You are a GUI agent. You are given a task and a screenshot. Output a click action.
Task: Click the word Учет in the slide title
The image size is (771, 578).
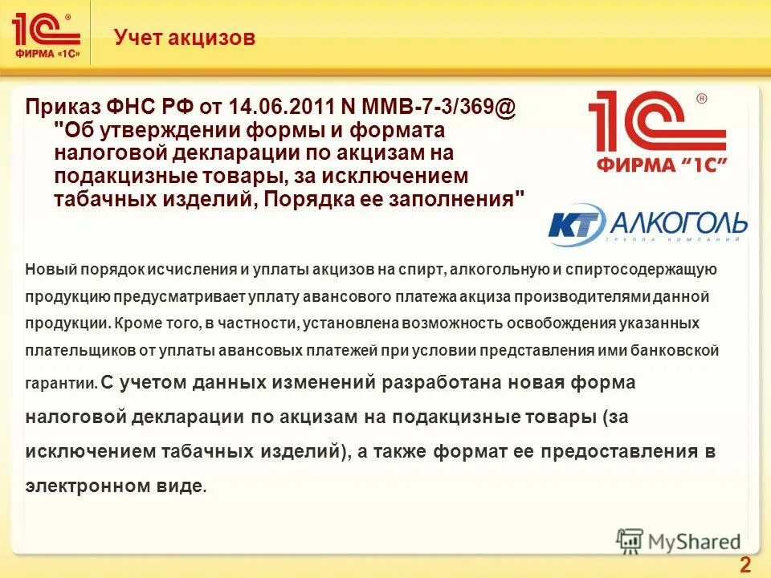139,37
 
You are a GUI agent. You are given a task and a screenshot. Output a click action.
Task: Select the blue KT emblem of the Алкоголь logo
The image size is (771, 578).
576,225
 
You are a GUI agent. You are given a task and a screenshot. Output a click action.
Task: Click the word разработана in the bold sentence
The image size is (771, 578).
434,382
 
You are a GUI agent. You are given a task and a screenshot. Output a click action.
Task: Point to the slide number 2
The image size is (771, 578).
744,564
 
